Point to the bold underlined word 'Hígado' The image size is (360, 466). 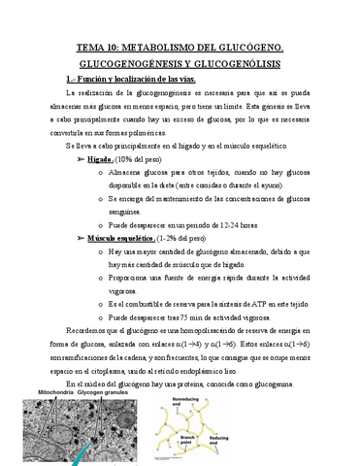pyautogui.click(x=100, y=155)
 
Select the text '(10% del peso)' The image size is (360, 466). pyautogui.click(x=142, y=155)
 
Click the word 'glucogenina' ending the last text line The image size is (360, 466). pyautogui.click(x=283, y=384)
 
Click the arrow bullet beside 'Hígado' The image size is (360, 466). pyautogui.click(x=80, y=155)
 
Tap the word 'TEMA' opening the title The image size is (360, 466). pyautogui.click(x=92, y=46)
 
